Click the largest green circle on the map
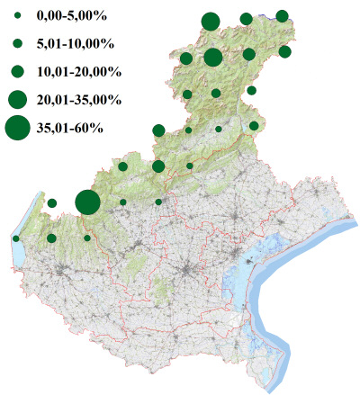(87, 202)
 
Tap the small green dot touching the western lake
(16, 238)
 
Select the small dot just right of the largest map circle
(123, 202)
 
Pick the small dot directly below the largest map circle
(87, 238)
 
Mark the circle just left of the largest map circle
(52, 202)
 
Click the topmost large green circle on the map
(211, 22)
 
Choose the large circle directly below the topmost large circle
(213, 58)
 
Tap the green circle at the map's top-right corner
(282, 15)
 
